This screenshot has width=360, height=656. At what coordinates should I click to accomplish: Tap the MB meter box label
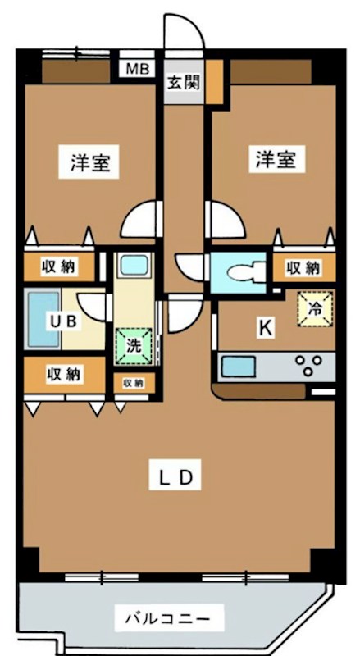point(137,69)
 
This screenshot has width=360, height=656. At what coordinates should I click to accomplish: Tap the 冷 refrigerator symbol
point(316,309)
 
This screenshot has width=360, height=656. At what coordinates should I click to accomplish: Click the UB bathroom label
point(65,321)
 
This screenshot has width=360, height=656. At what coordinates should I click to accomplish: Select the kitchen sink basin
point(237,365)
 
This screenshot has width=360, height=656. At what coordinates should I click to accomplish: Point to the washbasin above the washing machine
point(132,266)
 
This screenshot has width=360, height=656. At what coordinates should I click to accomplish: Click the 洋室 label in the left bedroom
point(89,163)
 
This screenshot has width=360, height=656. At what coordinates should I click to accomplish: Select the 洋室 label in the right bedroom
point(273,159)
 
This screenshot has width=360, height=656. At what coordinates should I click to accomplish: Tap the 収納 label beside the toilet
point(303,267)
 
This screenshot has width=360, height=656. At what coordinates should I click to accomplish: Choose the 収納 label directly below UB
point(64,374)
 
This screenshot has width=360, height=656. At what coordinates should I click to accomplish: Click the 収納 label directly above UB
point(58,267)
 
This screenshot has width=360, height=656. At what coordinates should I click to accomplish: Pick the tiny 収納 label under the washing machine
point(133,382)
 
